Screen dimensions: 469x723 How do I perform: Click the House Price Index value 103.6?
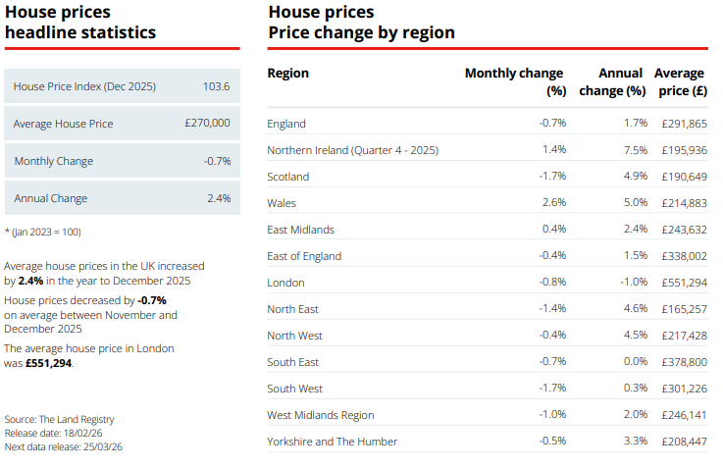[x=216, y=86]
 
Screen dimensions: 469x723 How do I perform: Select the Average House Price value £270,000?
[x=207, y=124]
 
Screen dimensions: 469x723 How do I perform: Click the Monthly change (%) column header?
[x=514, y=81]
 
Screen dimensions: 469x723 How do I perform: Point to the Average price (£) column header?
[x=680, y=81]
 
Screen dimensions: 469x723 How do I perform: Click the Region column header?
[x=287, y=74]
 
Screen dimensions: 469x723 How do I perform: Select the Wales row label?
[x=282, y=203]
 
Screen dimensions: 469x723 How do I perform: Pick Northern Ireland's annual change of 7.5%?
[x=635, y=150]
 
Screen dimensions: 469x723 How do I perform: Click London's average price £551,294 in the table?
[x=683, y=283]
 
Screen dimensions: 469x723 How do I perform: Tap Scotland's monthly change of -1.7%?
[x=552, y=177]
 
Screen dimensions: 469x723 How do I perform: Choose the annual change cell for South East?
[x=635, y=362]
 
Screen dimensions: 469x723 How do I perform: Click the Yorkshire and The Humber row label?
[x=332, y=442]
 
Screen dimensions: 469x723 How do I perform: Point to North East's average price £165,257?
[x=683, y=309]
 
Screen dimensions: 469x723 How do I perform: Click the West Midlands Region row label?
[x=320, y=415]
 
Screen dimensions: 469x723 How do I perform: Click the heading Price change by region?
[x=361, y=32]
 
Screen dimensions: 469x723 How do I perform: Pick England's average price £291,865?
[x=683, y=124]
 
